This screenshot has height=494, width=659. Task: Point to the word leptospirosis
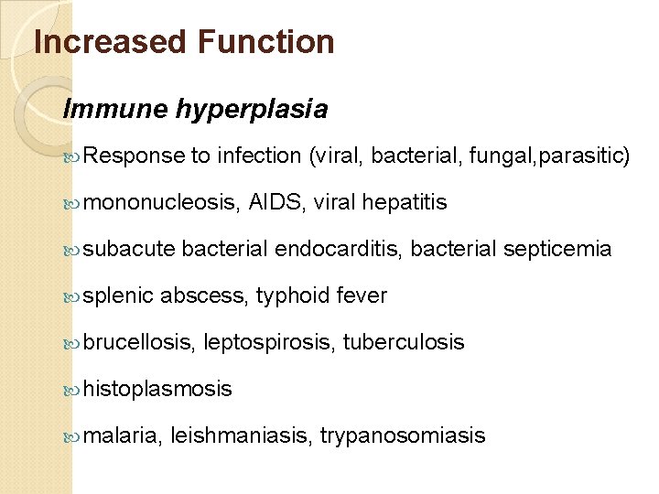pyautogui.click(x=269, y=343)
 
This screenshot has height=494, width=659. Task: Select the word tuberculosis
pyautogui.click(x=404, y=343)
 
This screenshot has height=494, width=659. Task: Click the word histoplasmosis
pyautogui.click(x=157, y=390)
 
